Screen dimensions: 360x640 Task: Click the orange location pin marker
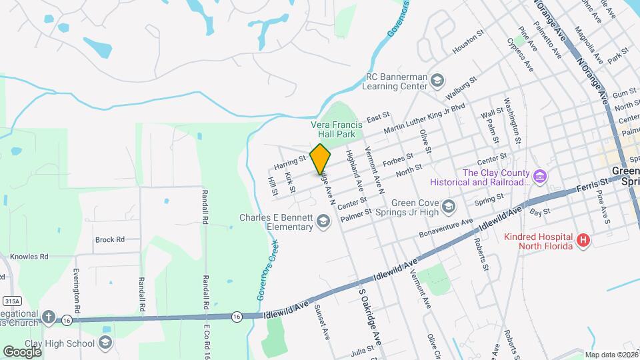tap(321, 159)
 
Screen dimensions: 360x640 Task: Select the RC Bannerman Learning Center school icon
tap(437, 81)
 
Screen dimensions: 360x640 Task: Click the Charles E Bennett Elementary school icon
tap(323, 221)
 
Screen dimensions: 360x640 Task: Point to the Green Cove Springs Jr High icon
tap(448, 205)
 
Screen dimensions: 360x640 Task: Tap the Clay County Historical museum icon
tap(541, 177)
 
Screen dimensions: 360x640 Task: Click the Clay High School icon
tap(105, 343)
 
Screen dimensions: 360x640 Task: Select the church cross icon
tap(48, 317)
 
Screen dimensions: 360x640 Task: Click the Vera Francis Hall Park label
tap(337, 129)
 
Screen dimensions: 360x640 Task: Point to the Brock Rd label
tap(110, 239)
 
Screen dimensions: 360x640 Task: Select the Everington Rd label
tap(77, 291)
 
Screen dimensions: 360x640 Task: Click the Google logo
tap(22, 351)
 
